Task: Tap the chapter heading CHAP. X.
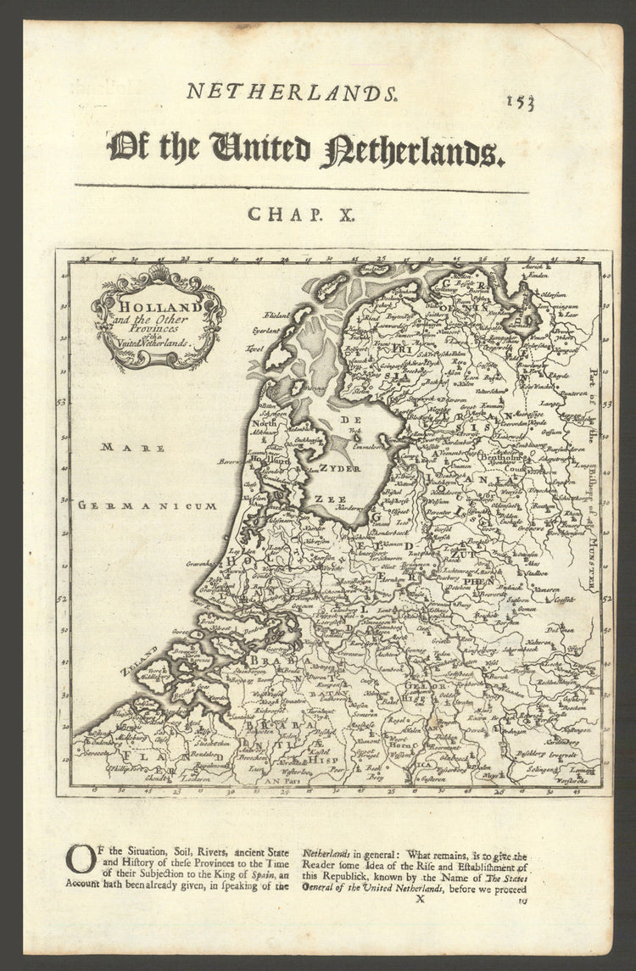tap(300, 215)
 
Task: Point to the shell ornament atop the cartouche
tap(159, 273)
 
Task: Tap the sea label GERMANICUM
tap(148, 505)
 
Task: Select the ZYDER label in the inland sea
tap(340, 468)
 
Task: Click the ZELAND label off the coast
tap(139, 661)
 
